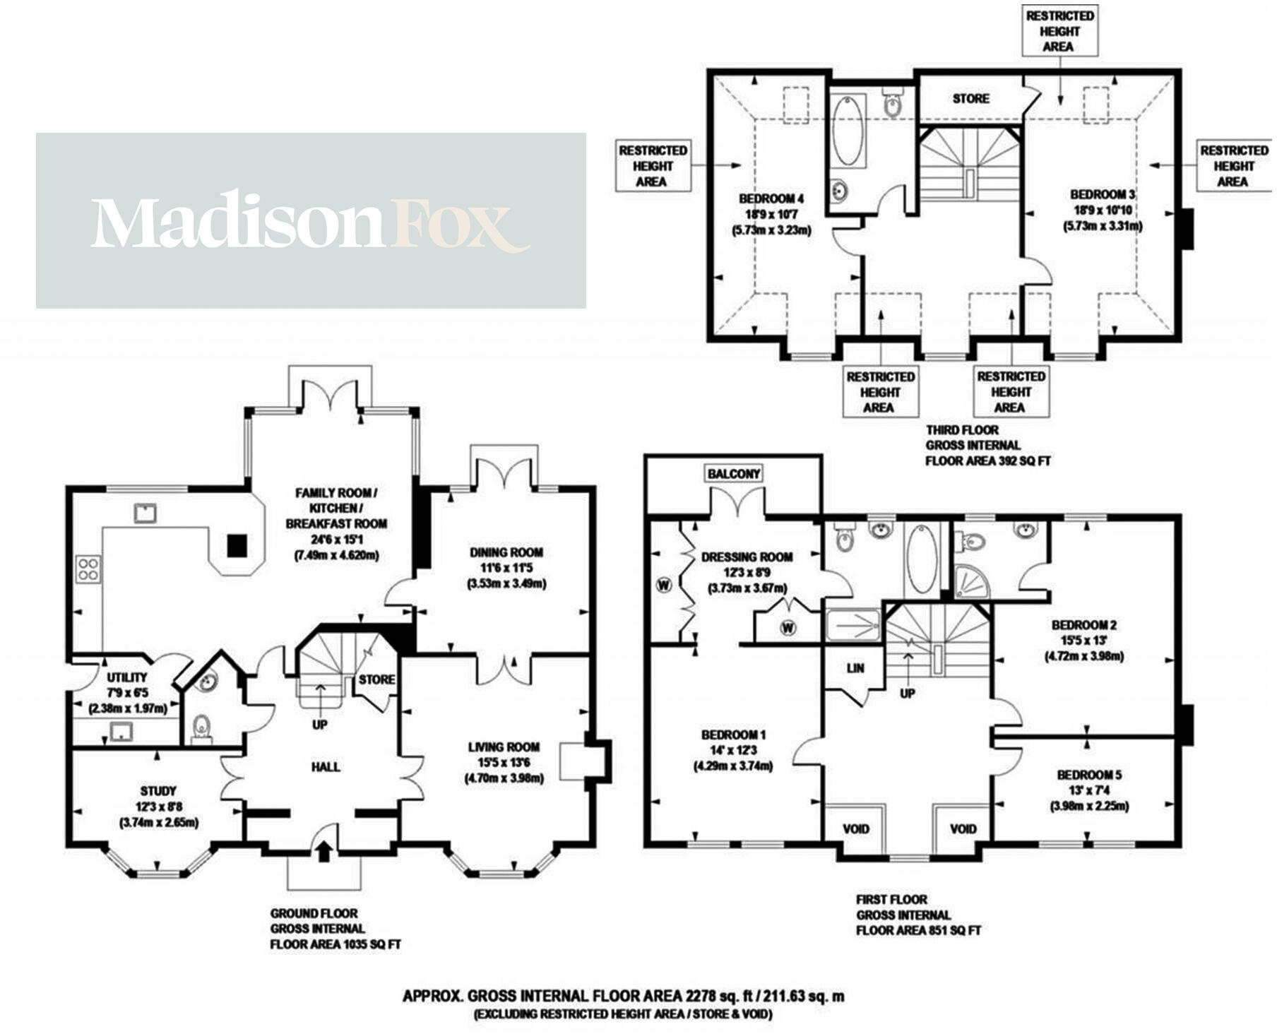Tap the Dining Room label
506,552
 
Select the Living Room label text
504,747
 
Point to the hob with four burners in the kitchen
88,569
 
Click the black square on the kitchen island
237,545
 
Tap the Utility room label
127,677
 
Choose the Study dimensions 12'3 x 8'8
158,807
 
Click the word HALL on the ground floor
326,766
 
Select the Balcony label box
734,474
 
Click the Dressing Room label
747,557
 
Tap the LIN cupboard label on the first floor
855,668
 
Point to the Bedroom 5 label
1089,775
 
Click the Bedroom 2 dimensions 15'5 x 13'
1083,641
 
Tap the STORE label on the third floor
970,98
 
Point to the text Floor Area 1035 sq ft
335,944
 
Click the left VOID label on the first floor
855,828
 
